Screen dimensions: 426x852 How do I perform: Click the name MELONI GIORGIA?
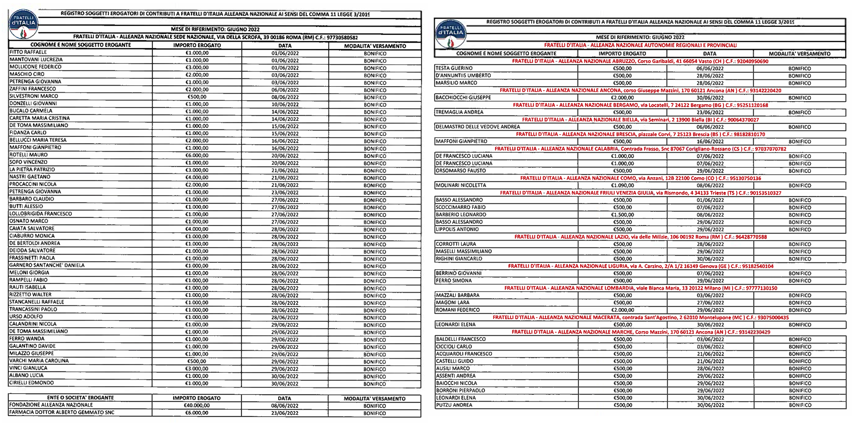pyautogui.click(x=29, y=273)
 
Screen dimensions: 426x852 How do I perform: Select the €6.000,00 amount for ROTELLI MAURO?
pyautogui.click(x=197, y=155)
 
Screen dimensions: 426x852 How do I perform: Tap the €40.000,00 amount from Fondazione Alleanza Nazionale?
pyautogui.click(x=197, y=406)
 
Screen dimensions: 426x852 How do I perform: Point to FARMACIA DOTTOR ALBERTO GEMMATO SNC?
pyautogui.click(x=62, y=412)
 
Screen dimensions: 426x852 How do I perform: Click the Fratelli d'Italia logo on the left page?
pyautogui.click(x=23, y=24)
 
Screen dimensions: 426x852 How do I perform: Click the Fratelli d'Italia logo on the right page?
pyautogui.click(x=450, y=33)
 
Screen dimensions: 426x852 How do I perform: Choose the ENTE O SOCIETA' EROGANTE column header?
pyautogui.click(x=81, y=398)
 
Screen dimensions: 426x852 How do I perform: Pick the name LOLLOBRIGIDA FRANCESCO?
pyautogui.click(x=41, y=214)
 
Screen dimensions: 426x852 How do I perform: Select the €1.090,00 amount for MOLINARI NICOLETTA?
pyautogui.click(x=622, y=185)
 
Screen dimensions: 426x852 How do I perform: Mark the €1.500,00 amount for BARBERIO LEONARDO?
pyautogui.click(x=622, y=215)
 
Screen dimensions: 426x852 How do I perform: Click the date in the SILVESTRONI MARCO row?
pyautogui.click(x=285, y=97)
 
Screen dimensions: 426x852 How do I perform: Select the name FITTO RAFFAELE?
pyautogui.click(x=28, y=52)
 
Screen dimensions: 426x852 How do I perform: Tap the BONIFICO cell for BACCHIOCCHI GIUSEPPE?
pyautogui.click(x=799, y=98)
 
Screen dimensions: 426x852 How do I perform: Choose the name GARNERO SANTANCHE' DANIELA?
pyautogui.click(x=47, y=265)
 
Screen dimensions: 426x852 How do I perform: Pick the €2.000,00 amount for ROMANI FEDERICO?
pyautogui.click(x=622, y=310)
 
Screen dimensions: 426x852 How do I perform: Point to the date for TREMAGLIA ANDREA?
pyautogui.click(x=710, y=112)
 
